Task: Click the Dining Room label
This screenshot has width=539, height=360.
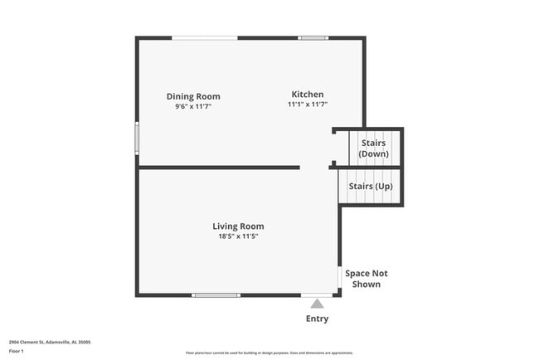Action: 193,96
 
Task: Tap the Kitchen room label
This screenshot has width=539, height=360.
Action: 307,94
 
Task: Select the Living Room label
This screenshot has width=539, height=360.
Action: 238,226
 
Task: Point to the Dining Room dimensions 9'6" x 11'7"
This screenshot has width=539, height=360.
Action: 193,107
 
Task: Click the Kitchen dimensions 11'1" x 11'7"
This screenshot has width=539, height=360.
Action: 308,105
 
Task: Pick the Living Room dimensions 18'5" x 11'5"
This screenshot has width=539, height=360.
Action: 238,236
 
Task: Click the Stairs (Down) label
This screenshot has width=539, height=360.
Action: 373,148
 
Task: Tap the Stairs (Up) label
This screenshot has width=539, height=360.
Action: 370,186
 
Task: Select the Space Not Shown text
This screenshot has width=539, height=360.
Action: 367,279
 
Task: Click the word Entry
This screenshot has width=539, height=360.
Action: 317,319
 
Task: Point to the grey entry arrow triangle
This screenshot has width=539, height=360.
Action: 317,304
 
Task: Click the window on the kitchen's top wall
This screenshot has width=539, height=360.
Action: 313,37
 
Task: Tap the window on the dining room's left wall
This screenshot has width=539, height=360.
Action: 138,138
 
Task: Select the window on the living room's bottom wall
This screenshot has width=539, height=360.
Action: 216,295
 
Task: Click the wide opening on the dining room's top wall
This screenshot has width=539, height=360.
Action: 205,37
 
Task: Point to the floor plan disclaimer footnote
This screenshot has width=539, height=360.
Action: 269,353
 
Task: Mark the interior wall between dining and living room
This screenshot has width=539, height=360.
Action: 219,168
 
